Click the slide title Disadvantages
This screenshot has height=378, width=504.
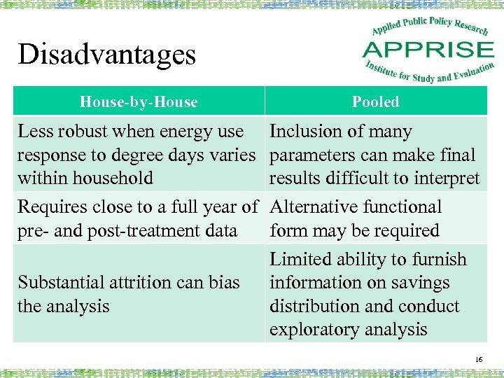click(x=106, y=55)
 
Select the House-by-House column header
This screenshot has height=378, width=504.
click(x=139, y=102)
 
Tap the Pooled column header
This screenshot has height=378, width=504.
click(x=375, y=102)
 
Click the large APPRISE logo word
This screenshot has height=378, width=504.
click(x=428, y=50)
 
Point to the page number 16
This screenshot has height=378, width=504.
click(x=479, y=359)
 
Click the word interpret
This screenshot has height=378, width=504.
click(x=446, y=178)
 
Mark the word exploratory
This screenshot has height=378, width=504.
click(x=313, y=330)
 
